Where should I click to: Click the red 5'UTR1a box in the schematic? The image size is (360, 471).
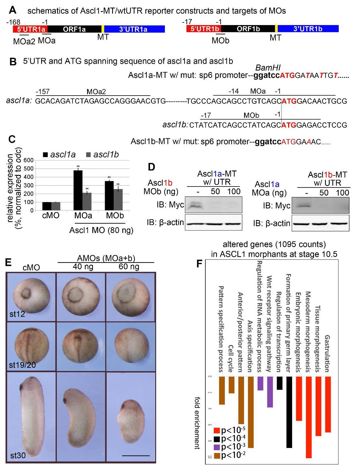[x=30, y=29]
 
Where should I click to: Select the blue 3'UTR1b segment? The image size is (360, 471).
[x=308, y=29]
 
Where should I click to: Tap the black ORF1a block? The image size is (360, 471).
[x=74, y=29]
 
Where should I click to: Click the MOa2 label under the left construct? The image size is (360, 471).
[x=24, y=41]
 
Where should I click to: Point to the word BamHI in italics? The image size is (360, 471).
[x=268, y=68]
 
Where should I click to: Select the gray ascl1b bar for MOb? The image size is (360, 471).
[x=118, y=200]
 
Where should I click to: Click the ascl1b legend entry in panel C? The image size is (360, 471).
[x=103, y=154]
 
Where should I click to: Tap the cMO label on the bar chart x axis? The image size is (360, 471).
[x=51, y=216]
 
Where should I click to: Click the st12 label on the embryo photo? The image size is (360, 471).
[x=17, y=314]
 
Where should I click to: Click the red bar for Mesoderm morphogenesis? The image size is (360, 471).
[x=308, y=417]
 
